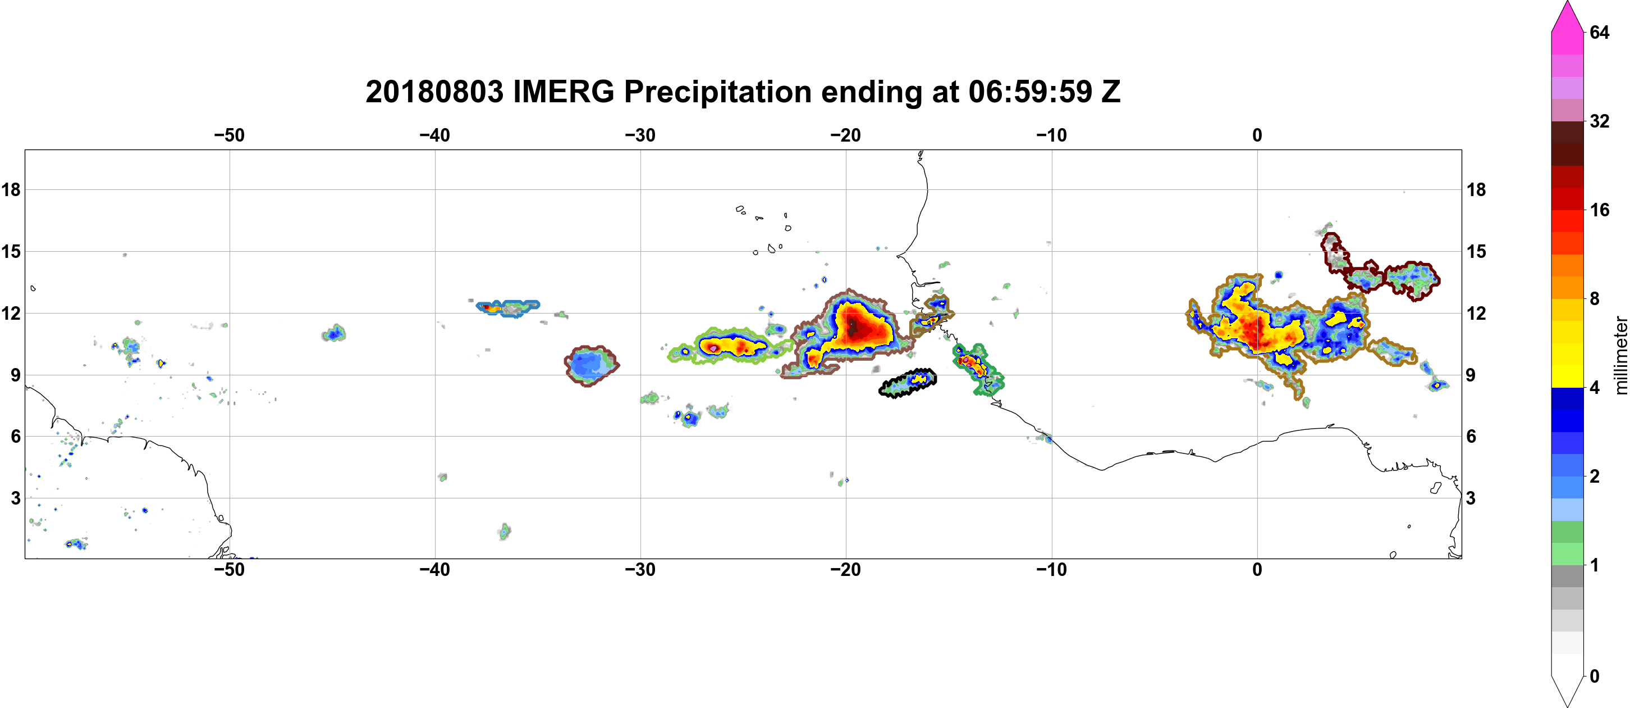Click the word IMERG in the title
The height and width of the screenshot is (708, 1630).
[x=563, y=92]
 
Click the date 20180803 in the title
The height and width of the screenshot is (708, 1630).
[x=434, y=92]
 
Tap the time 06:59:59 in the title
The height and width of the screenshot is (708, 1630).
[x=1030, y=92]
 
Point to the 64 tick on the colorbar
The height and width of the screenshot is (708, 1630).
[x=1600, y=32]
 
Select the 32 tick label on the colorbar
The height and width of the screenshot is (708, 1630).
[x=1600, y=121]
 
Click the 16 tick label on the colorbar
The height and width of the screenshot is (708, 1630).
[x=1600, y=210]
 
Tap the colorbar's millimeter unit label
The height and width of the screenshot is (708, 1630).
[x=1620, y=355]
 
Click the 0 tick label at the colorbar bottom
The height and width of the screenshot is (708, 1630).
[x=1595, y=677]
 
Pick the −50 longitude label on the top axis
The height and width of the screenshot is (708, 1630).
[x=229, y=135]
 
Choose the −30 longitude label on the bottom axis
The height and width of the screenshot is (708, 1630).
[x=640, y=570]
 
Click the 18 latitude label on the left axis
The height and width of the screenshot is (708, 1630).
[x=11, y=189]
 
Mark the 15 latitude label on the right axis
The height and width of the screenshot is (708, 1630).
[x=1476, y=251]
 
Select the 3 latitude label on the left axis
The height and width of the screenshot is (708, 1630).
[x=16, y=498]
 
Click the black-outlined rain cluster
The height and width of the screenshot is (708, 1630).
[x=908, y=383]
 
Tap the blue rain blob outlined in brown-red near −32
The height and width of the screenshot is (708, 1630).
[x=591, y=365]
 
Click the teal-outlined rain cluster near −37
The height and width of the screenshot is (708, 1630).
[x=507, y=308]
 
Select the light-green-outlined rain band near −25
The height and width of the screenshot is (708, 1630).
[x=727, y=346]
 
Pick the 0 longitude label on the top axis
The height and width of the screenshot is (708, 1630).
[x=1257, y=135]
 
